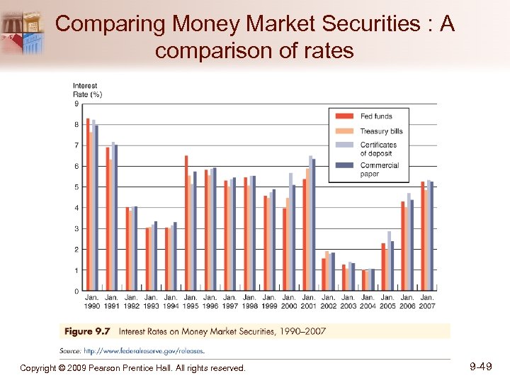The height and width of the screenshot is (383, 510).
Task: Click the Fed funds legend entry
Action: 375,116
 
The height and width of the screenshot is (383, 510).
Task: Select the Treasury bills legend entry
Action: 380,131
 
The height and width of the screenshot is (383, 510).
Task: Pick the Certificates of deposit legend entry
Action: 378,148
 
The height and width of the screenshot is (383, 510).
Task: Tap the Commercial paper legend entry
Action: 379,169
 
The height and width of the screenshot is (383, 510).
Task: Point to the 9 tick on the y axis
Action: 76,104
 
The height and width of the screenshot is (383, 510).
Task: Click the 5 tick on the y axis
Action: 76,187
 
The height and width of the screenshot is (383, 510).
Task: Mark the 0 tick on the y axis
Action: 76,292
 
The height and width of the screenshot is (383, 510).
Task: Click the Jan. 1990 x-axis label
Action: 92,301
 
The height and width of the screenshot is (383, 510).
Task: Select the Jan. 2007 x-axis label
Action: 427,301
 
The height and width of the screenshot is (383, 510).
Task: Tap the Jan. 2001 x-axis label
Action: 309,301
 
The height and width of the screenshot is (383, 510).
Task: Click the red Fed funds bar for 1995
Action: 186,223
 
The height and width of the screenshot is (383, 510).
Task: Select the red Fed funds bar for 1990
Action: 88,204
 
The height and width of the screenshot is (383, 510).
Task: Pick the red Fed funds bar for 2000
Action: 285,249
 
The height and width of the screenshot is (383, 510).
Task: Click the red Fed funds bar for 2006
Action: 403,246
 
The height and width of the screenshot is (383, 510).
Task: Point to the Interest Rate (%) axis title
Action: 87,91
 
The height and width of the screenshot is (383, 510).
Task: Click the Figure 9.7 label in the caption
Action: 88,331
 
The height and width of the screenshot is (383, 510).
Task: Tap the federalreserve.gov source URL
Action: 144,350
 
